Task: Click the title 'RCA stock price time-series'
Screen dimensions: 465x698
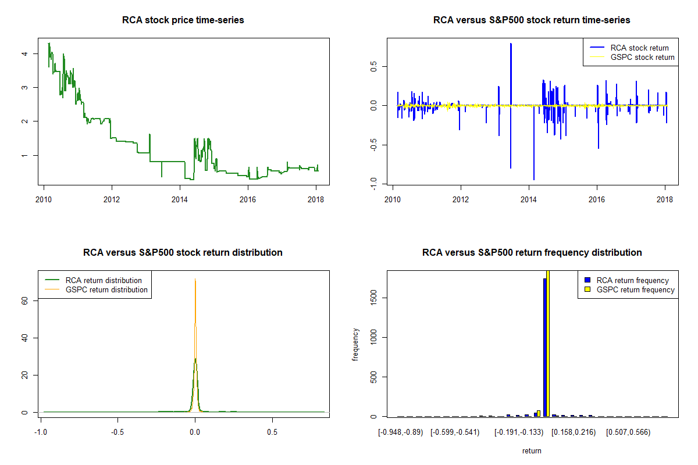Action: click(183, 20)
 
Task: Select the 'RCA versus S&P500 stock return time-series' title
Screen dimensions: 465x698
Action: click(532, 20)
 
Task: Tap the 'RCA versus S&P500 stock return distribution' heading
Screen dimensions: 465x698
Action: click(183, 253)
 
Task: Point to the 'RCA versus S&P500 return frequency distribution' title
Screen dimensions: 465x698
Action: click(532, 253)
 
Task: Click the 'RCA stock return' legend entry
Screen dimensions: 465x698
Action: click(639, 48)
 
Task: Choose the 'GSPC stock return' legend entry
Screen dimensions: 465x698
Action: click(642, 57)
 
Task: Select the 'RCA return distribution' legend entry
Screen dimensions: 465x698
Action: click(104, 280)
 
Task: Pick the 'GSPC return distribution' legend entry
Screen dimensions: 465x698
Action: click(106, 289)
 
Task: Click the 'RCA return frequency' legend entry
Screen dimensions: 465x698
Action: click(632, 280)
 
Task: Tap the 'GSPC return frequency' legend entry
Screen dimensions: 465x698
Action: click(635, 289)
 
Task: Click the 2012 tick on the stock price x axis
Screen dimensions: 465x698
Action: click(112, 196)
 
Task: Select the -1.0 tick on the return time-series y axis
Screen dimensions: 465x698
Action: click(372, 184)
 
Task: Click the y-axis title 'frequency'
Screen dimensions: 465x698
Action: click(356, 344)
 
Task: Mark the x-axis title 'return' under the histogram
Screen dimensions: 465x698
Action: click(532, 450)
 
